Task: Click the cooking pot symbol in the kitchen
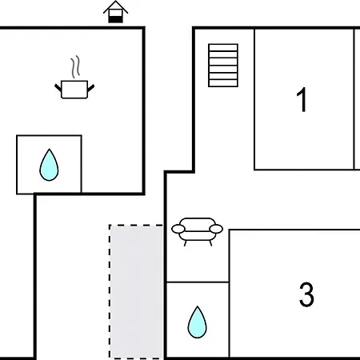(74, 90)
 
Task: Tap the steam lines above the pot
(75, 66)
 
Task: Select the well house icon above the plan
(115, 12)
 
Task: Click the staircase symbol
(223, 66)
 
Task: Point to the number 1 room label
(302, 100)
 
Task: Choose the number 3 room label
(306, 294)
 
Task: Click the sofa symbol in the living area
(197, 231)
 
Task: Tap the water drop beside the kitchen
(49, 165)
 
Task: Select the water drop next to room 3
(197, 322)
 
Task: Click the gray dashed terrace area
(136, 292)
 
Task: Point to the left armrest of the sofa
(178, 229)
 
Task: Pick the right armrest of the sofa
(216, 229)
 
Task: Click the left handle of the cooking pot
(58, 87)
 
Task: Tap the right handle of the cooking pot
(90, 88)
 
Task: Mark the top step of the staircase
(223, 47)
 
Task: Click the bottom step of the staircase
(223, 83)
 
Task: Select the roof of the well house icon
(115, 6)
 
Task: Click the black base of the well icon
(115, 19)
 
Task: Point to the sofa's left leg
(186, 243)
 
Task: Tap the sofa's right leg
(210, 243)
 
